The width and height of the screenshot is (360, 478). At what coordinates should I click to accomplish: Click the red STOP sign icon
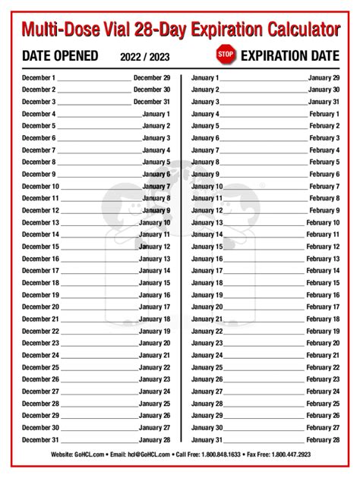click(226, 55)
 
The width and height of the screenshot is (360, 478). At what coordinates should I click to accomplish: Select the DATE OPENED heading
click(60, 55)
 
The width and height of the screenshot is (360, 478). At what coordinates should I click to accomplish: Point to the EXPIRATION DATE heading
click(289, 55)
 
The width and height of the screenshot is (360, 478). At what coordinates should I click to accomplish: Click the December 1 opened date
click(39, 77)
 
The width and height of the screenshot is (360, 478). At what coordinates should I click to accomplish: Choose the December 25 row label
click(40, 367)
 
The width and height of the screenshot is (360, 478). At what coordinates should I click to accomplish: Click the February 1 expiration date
click(324, 114)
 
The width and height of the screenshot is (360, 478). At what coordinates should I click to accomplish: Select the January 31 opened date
click(207, 440)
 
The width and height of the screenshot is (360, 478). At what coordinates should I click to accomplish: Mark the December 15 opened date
click(40, 247)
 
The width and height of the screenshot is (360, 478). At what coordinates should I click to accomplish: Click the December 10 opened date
click(40, 186)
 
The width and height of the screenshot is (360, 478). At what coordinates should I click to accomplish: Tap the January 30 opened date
click(207, 428)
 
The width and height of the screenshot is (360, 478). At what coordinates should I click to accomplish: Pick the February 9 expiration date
click(324, 210)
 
